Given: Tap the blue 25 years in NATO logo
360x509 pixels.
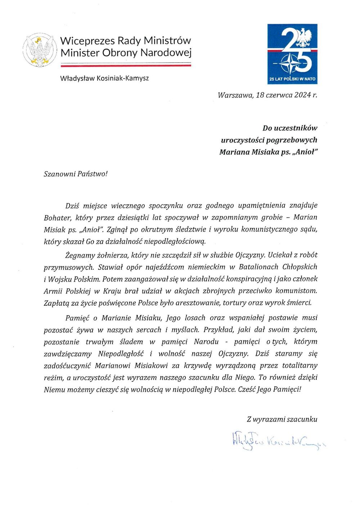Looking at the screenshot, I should point(292,54).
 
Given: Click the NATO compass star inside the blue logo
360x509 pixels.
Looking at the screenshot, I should point(290,63).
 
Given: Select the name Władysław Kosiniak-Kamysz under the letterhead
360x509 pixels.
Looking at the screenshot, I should point(104,78).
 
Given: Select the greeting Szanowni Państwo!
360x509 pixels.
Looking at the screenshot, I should point(76,174).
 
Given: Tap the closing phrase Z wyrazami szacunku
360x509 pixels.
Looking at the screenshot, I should point(282,419).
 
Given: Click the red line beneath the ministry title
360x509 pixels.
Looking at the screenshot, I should point(126,66).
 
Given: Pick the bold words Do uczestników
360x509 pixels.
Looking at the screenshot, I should point(290,128).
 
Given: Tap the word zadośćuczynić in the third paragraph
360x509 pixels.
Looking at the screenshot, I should point(66,366).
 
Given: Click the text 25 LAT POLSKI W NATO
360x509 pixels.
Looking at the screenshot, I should point(292,79).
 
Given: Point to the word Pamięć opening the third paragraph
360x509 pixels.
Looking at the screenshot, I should point(77,318).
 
